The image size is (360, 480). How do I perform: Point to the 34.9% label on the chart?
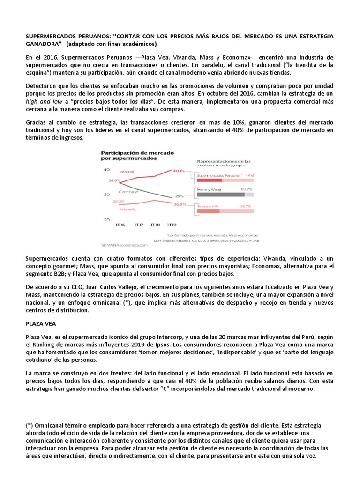click(114, 180)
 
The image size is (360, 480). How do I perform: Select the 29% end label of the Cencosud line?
click(180, 195)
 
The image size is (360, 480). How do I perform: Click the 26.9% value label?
click(180, 204)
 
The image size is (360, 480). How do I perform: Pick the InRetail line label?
click(127, 172)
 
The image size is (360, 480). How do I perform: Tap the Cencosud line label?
click(127, 192)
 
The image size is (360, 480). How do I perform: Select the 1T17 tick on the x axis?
click(139, 225)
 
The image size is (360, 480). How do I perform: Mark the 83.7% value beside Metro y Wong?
click(247, 189)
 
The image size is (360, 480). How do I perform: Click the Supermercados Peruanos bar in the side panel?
click(209, 180)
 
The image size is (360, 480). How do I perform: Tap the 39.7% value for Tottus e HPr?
click(247, 206)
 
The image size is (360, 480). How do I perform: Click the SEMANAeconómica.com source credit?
click(124, 244)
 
